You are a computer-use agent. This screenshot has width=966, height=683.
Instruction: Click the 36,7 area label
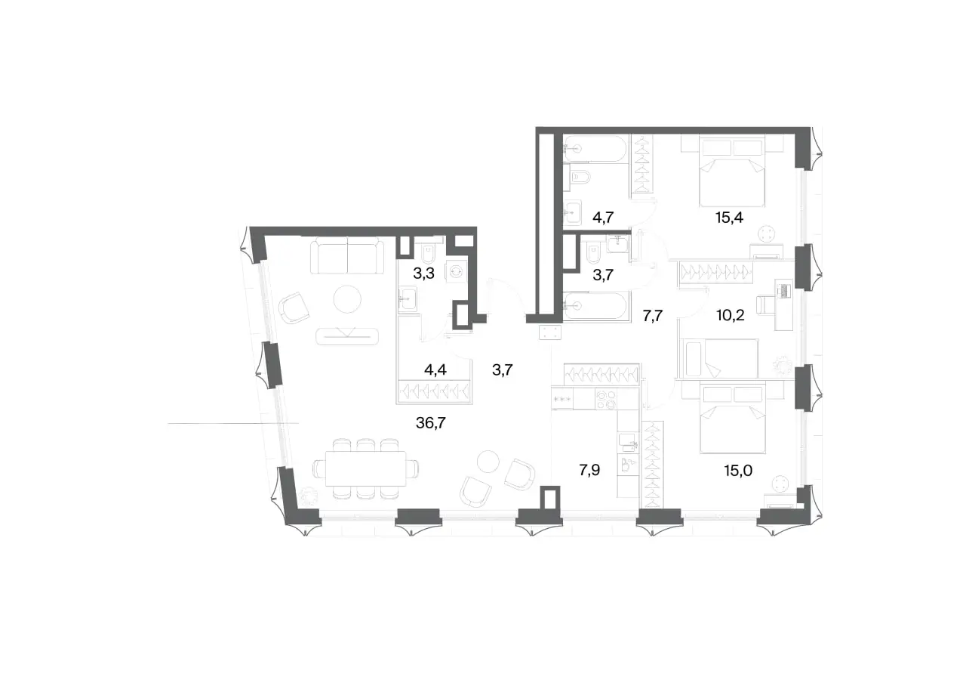pyautogui.click(x=430, y=423)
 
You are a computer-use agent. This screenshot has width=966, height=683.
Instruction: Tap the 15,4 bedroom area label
pyautogui.click(x=729, y=218)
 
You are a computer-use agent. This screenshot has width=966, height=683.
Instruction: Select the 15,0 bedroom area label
pyautogui.click(x=738, y=471)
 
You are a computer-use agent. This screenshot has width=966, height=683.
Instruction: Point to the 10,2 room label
pyautogui.click(x=731, y=316)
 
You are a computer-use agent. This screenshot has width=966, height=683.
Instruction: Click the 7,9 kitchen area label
pyautogui.click(x=589, y=470)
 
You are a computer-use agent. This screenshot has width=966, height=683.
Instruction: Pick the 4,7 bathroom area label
pyautogui.click(x=603, y=217)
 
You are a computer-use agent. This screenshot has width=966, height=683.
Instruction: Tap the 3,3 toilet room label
pyautogui.click(x=423, y=274)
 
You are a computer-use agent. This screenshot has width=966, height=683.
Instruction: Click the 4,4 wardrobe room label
pyautogui.click(x=435, y=369)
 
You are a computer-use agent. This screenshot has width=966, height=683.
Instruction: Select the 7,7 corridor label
pyautogui.click(x=653, y=317)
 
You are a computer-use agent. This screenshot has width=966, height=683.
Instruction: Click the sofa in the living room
pyautogui.click(x=348, y=255)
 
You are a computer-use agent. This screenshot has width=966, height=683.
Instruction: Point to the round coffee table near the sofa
pyautogui.click(x=348, y=299)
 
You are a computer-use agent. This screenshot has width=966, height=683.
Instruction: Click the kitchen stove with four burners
pyautogui.click(x=606, y=399)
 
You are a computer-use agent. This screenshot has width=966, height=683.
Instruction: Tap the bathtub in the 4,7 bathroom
pyautogui.click(x=595, y=149)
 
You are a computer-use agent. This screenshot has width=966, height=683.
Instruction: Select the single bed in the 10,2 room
pyautogui.click(x=718, y=357)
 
